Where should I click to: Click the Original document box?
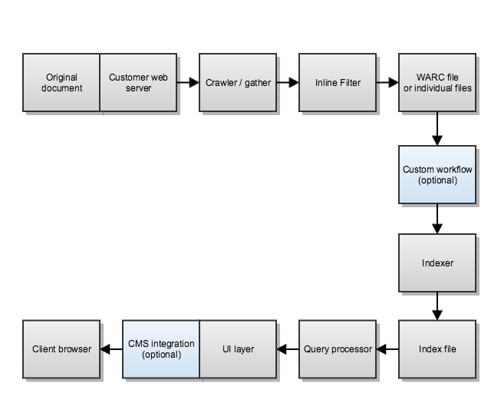click(61, 82)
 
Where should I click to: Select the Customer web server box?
click(139, 82)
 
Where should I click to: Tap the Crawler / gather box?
click(238, 82)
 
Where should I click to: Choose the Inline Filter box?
click(338, 82)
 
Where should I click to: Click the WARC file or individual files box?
click(437, 82)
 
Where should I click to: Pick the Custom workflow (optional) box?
click(437, 174)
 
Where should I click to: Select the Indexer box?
click(437, 263)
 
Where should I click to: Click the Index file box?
click(437, 349)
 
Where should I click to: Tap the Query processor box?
click(338, 349)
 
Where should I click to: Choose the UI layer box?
click(238, 349)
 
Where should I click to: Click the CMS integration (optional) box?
click(161, 349)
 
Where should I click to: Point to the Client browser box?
click(61, 349)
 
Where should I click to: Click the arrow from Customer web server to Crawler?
click(188, 82)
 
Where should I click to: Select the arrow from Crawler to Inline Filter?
click(288, 82)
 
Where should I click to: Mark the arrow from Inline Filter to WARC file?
click(387, 82)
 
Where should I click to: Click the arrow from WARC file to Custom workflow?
click(437, 128)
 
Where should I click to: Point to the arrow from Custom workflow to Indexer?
click(437, 219)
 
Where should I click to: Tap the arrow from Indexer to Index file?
click(437, 305)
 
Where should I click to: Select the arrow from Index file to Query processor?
click(387, 349)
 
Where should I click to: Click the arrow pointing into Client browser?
click(111, 349)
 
